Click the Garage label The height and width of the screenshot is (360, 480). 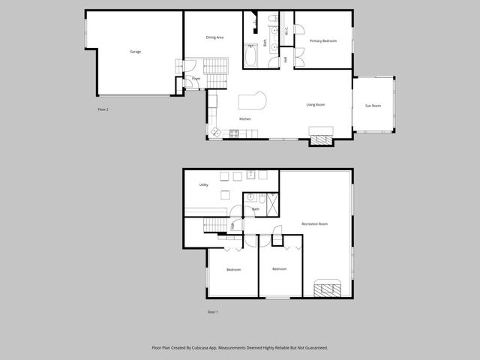(x=136, y=52)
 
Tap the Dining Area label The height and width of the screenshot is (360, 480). (x=215, y=37)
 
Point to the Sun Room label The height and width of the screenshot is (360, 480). (x=373, y=106)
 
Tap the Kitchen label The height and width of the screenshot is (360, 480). (x=244, y=119)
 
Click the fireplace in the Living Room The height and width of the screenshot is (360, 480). (x=321, y=137)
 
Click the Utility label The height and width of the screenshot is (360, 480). (x=203, y=184)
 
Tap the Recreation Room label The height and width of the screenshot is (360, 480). (x=315, y=224)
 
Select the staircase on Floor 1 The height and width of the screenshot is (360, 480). (x=214, y=226)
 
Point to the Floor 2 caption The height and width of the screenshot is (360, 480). (x=103, y=110)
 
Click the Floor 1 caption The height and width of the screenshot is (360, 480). (x=212, y=311)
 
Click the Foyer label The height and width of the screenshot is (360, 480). (x=196, y=78)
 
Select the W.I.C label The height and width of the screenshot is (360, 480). (x=286, y=31)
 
